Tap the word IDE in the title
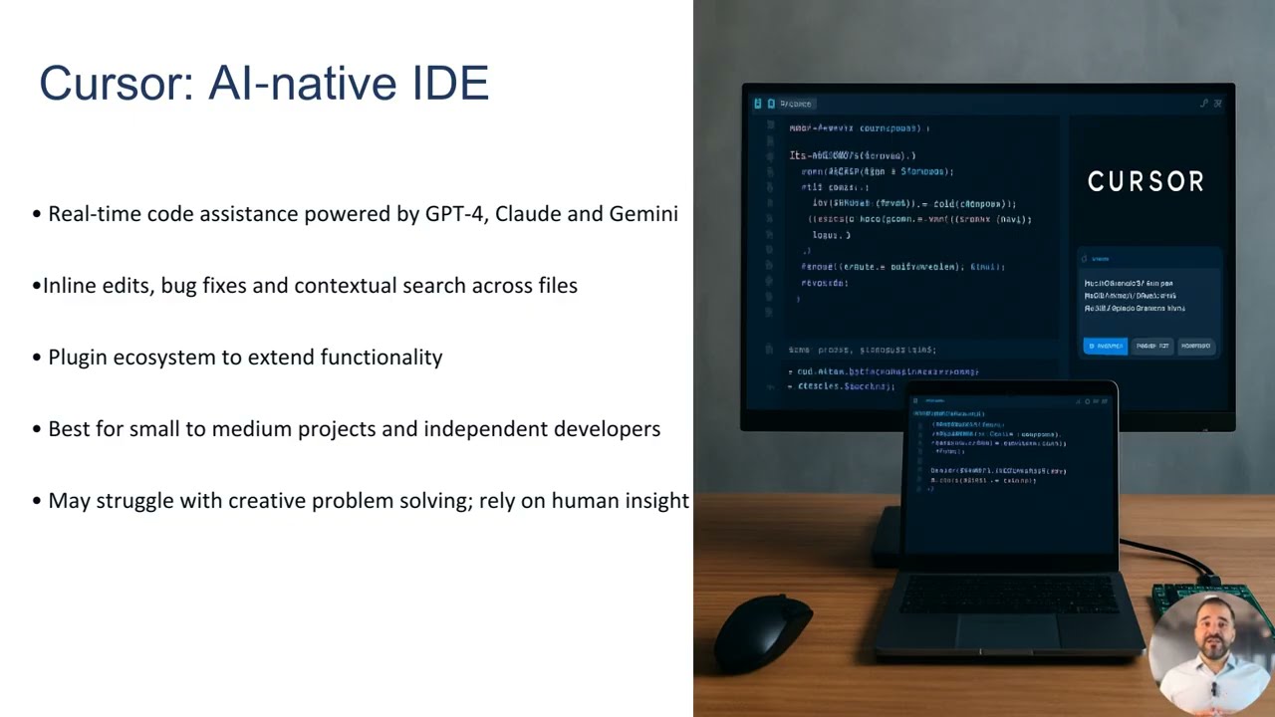point(450,83)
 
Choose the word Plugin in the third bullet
point(78,358)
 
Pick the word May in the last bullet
point(69,501)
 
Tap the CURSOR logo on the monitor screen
point(1146,181)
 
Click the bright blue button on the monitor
point(1105,346)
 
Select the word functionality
point(382,358)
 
